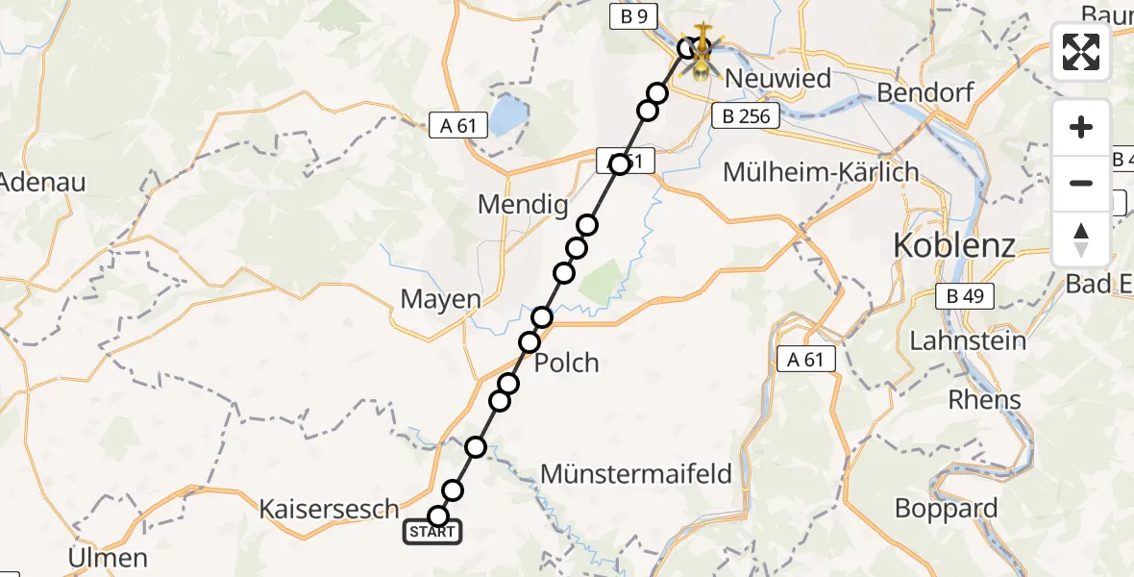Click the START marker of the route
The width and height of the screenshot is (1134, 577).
point(432,532)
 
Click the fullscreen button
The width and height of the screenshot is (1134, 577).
point(1081,52)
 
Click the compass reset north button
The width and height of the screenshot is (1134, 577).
point(1081,239)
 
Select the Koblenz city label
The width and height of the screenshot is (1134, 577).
point(954,245)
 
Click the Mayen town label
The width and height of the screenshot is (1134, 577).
point(440,299)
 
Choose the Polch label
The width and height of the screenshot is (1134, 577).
point(566,363)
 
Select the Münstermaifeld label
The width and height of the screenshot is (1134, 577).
point(636,473)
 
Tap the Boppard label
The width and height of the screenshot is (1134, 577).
point(946,508)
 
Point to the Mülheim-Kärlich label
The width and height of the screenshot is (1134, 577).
point(821,172)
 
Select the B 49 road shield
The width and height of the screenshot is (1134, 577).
point(964,296)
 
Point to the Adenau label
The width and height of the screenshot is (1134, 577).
point(42,181)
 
